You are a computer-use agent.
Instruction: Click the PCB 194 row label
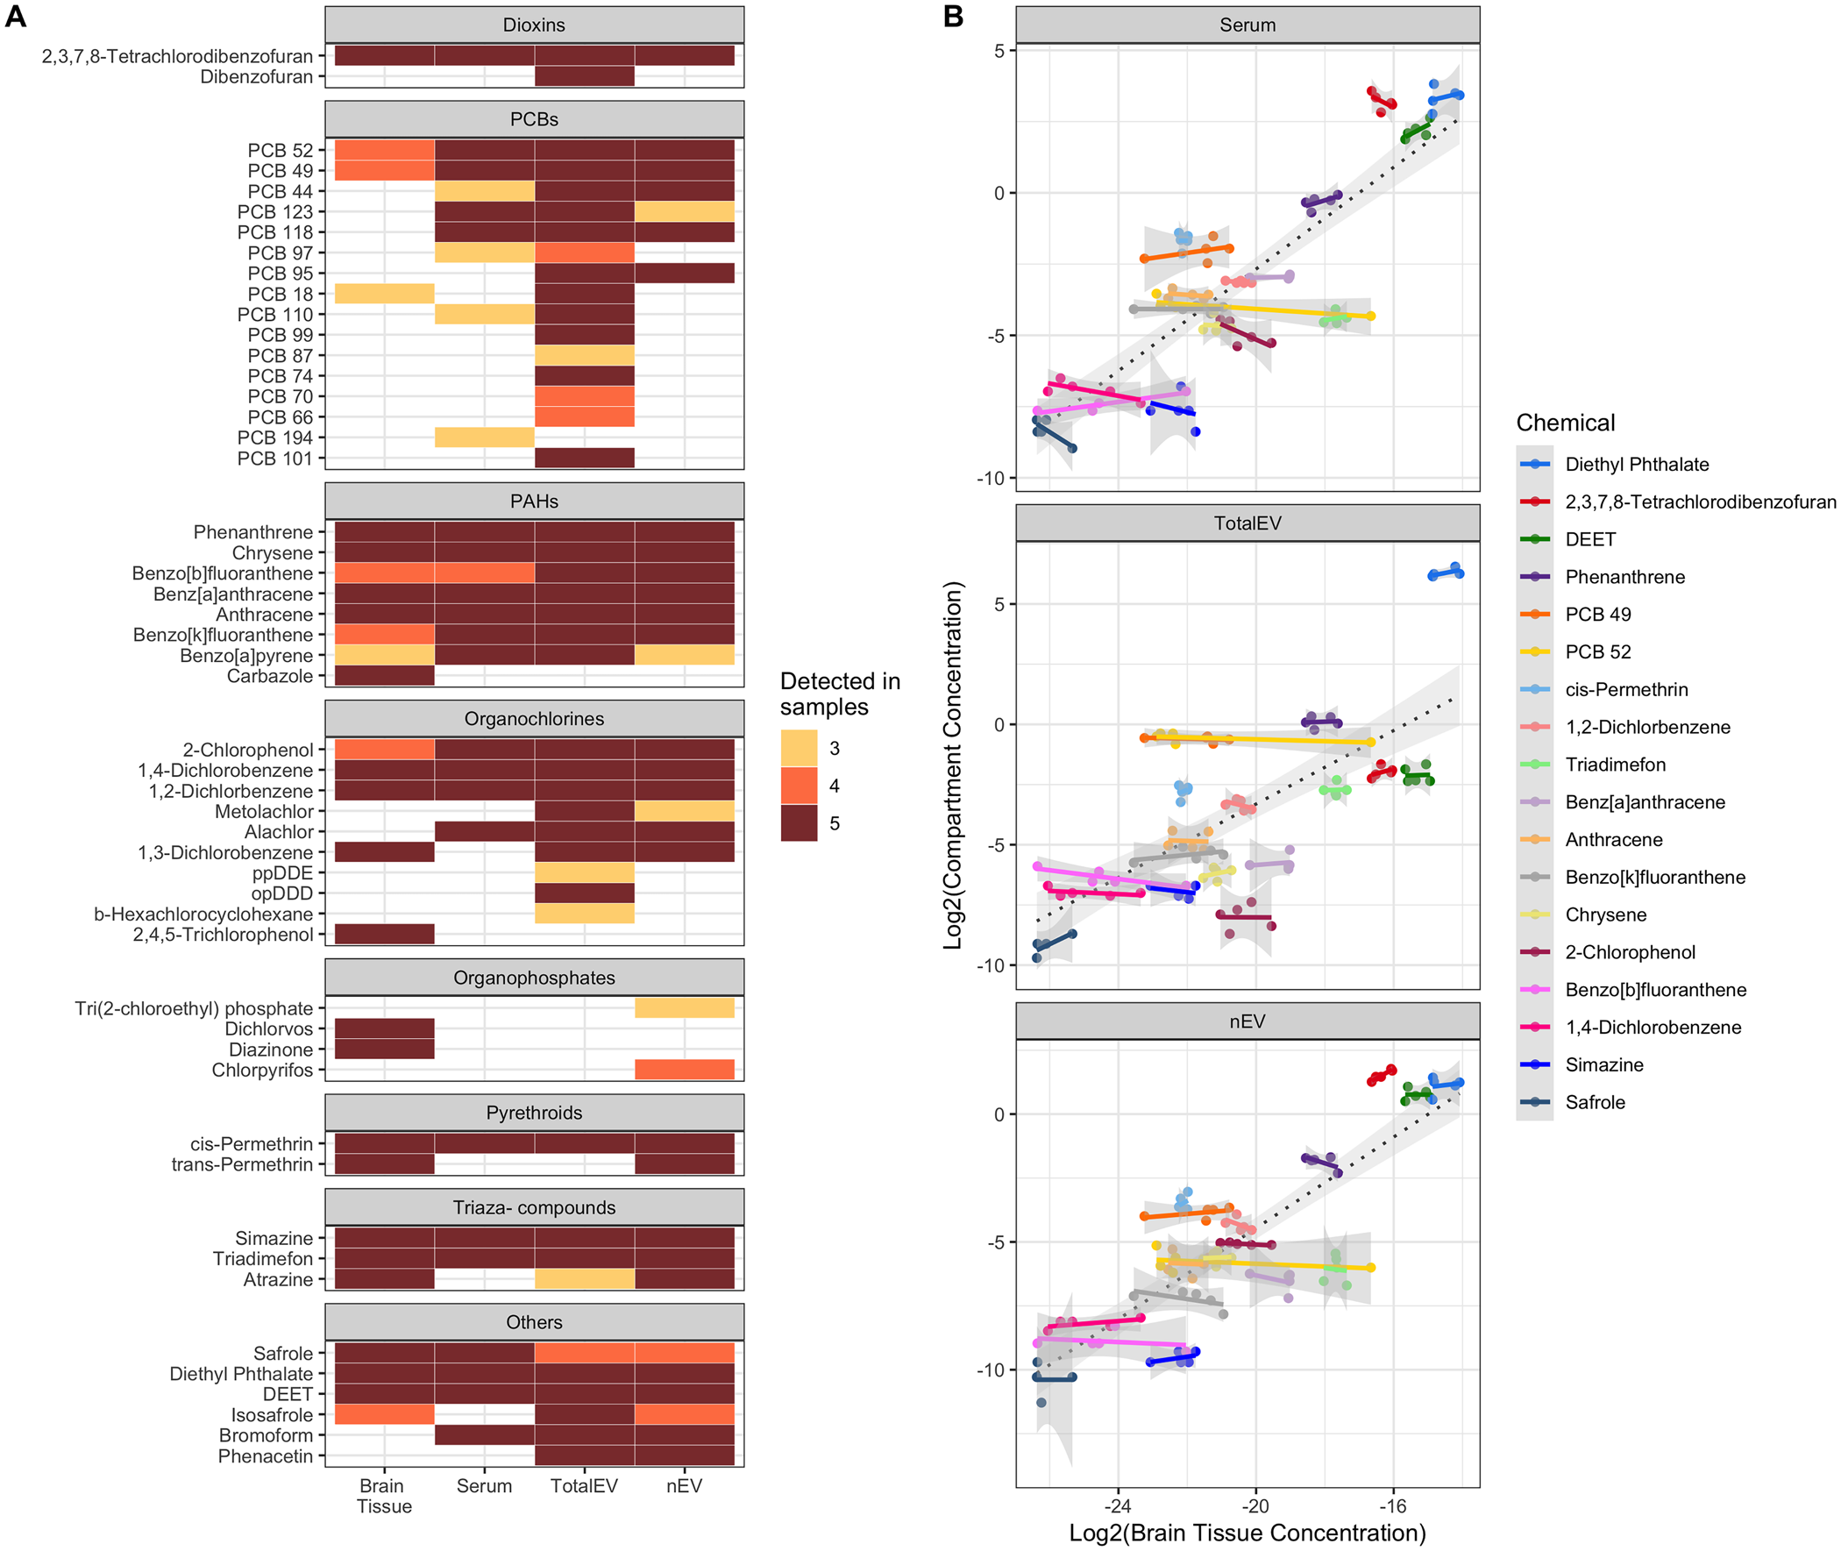tap(274, 438)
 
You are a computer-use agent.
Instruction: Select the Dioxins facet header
tap(534, 25)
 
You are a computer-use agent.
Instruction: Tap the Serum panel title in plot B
tap(1247, 25)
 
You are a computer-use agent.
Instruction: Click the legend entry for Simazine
tap(1603, 1064)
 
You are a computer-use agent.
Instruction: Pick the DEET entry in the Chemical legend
tap(1589, 539)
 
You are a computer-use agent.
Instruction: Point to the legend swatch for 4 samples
tap(799, 786)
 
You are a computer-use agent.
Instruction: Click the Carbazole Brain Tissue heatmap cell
tap(384, 676)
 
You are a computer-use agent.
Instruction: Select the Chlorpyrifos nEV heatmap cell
tap(684, 1070)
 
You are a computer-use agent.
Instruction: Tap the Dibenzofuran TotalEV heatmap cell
tap(584, 76)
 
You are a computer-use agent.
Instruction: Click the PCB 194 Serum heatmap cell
tap(484, 438)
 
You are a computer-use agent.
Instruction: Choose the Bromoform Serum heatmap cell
tap(484, 1435)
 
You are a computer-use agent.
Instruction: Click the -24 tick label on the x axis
tap(1118, 1505)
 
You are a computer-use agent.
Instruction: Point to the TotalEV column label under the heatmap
tap(584, 1486)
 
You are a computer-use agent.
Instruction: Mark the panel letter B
tap(953, 16)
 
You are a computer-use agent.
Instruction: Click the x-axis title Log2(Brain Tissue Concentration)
tap(1247, 1533)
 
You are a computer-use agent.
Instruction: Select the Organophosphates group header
tap(534, 978)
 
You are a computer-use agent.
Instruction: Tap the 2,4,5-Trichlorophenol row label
tap(223, 935)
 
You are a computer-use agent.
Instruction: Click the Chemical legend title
tap(1565, 423)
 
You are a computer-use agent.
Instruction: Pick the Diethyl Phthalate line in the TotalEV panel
tap(1446, 573)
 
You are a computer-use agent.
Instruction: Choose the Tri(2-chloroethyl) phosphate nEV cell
tap(684, 1008)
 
